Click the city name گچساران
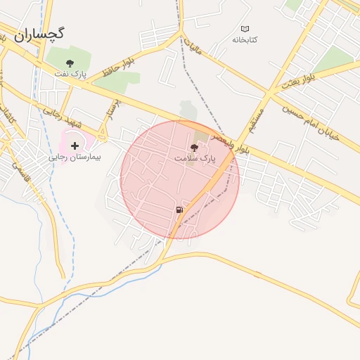(39, 33)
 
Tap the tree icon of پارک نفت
(69, 63)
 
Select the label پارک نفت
(69, 73)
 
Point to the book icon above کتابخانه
(245, 29)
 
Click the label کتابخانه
(245, 39)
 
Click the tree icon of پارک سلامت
(193, 148)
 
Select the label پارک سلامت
(193, 159)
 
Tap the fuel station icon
(180, 210)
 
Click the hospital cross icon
(75, 146)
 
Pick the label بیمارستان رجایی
(75, 157)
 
